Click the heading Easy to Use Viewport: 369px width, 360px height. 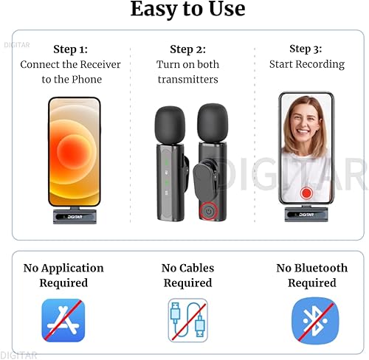187,10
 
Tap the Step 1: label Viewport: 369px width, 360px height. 71,49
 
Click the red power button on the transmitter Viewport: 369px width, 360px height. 209,211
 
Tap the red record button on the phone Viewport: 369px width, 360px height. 306,193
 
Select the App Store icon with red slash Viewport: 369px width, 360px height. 63,319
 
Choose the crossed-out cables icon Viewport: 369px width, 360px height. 187,319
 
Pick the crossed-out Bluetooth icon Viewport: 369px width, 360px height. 312,319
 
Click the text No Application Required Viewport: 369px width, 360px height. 63,275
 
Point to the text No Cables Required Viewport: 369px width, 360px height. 187,275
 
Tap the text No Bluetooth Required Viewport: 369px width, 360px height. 311,275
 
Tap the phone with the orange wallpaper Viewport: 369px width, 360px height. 74,151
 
